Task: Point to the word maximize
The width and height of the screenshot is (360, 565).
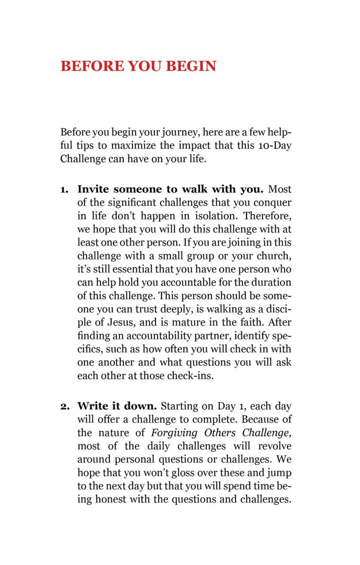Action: click(131, 146)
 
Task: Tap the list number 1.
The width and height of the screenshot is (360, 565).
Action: click(64, 190)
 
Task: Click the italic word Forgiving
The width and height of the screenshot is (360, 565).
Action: click(174, 433)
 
